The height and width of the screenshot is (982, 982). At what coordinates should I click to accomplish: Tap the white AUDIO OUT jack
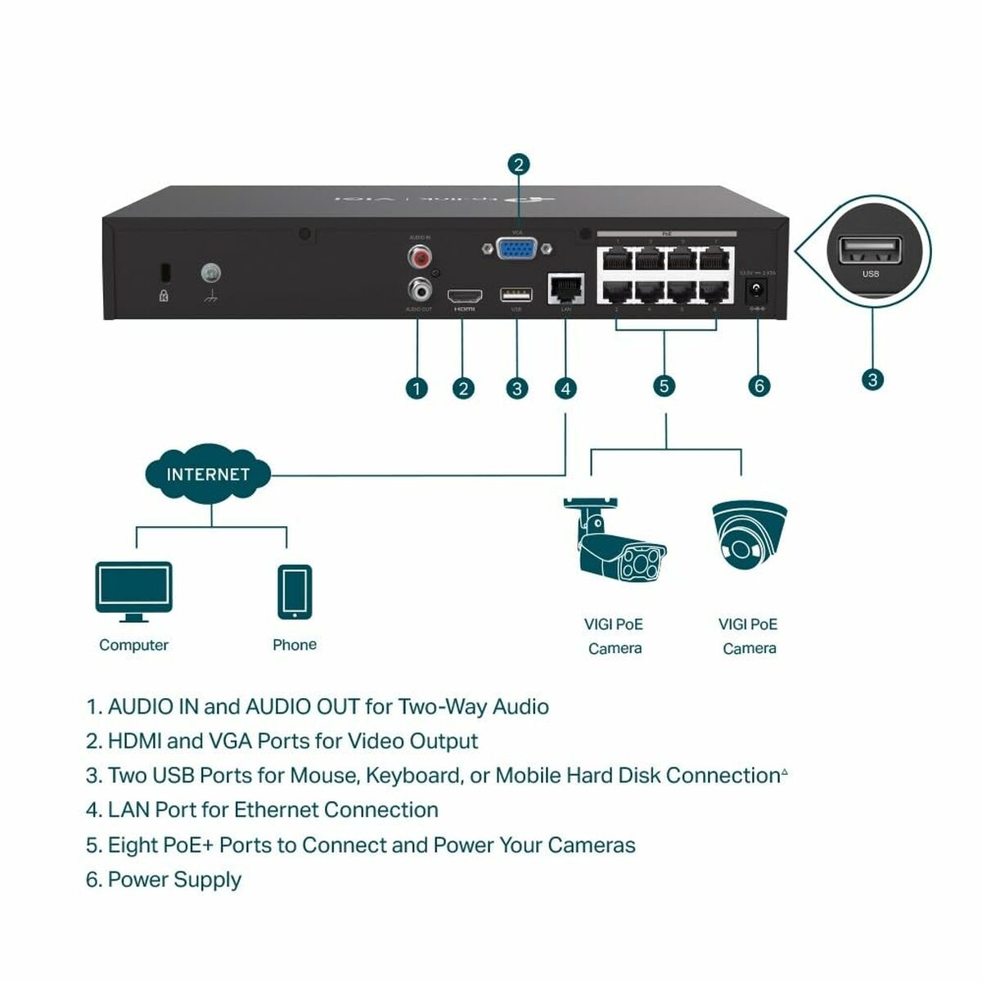(420, 288)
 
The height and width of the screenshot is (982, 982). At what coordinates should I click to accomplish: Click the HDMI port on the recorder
(464, 295)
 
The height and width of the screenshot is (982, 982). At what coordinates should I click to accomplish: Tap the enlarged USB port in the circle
(870, 250)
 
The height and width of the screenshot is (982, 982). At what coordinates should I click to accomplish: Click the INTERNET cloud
(208, 474)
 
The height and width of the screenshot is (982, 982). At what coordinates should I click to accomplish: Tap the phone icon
(294, 592)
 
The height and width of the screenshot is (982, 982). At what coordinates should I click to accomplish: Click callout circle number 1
(417, 388)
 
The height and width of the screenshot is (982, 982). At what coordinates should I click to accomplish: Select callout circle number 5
(664, 385)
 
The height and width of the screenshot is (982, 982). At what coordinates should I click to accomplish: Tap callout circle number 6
(759, 385)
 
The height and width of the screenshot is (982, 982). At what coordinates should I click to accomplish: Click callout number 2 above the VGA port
(518, 164)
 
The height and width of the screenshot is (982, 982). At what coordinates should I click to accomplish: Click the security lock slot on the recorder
(164, 272)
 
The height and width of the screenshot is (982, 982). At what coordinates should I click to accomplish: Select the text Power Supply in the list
(174, 880)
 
